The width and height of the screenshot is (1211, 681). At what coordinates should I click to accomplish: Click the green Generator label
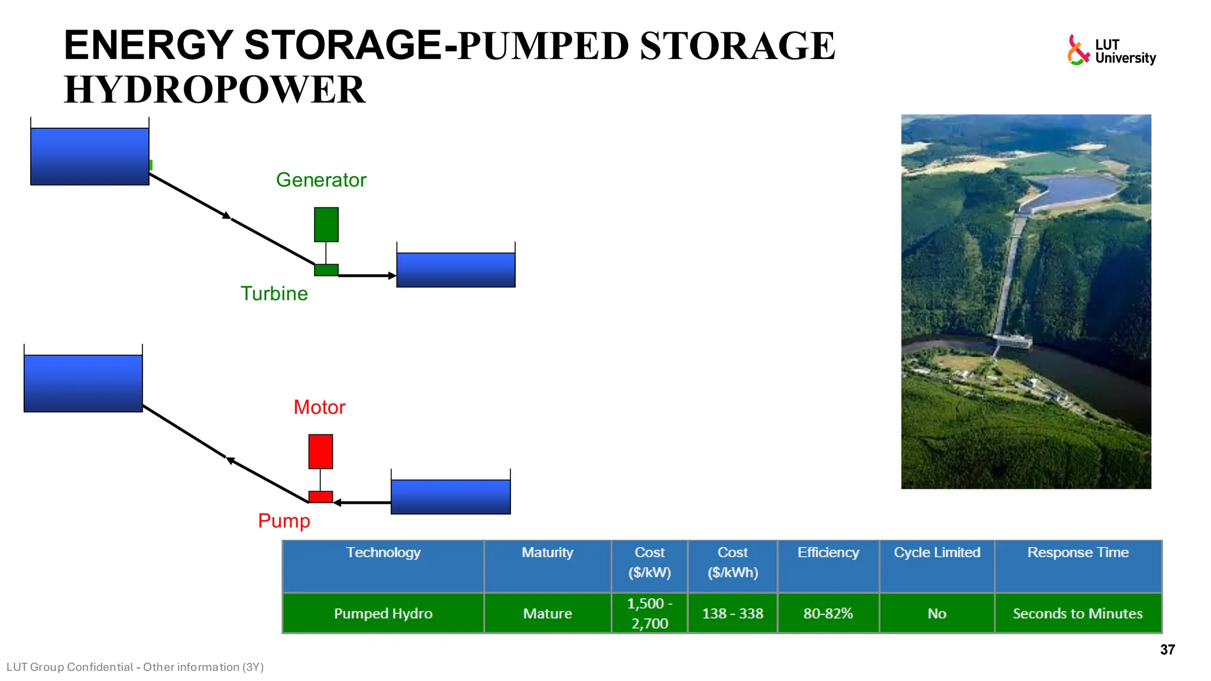pyautogui.click(x=321, y=180)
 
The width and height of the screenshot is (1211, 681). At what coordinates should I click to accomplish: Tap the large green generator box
pyautogui.click(x=326, y=225)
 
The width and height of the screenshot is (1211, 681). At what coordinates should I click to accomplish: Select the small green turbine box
pyautogui.click(x=326, y=270)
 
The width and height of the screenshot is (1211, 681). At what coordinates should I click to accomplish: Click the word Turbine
pyautogui.click(x=274, y=293)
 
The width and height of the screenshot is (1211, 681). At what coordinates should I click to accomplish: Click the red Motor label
pyautogui.click(x=319, y=407)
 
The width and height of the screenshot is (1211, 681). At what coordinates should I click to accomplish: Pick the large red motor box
pyautogui.click(x=320, y=452)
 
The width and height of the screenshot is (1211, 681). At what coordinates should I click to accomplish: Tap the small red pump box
pyautogui.click(x=320, y=497)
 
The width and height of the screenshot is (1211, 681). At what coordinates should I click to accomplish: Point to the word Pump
pyautogui.click(x=284, y=521)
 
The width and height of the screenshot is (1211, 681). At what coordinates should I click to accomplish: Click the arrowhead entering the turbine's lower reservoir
pyautogui.click(x=391, y=275)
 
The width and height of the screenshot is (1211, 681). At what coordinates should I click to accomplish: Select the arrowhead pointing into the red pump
pyautogui.click(x=338, y=502)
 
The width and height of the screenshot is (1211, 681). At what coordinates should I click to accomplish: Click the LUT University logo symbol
pyautogui.click(x=1078, y=50)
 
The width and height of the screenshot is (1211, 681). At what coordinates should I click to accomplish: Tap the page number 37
pyautogui.click(x=1167, y=650)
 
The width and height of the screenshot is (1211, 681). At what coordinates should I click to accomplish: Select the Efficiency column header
pyautogui.click(x=828, y=553)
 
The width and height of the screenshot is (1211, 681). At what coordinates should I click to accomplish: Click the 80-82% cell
pyautogui.click(x=828, y=614)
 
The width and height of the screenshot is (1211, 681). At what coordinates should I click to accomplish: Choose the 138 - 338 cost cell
pyautogui.click(x=732, y=614)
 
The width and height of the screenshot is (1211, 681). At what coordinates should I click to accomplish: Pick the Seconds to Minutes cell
pyautogui.click(x=1077, y=614)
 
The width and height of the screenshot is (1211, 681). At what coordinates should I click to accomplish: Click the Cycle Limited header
pyautogui.click(x=937, y=553)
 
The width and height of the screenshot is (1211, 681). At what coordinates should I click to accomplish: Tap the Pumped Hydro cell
pyautogui.click(x=383, y=614)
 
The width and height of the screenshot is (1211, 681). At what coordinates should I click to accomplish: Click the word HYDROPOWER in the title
pyautogui.click(x=214, y=90)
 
